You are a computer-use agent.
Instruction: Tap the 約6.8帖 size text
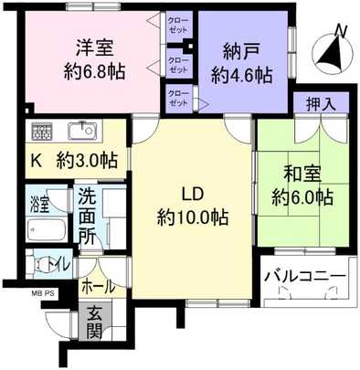point(94,71)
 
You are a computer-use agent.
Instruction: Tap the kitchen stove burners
point(42,129)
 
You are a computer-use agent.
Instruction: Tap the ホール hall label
point(99,286)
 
